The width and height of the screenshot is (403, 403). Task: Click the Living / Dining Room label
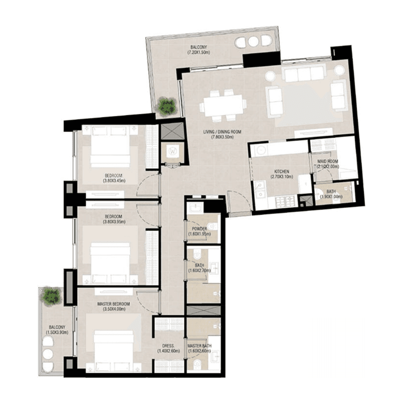pos(222,131)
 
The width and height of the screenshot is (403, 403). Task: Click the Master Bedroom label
pos(114,304)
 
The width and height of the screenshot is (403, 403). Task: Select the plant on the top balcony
pos(166,106)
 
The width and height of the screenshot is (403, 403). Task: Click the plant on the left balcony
pos(51,295)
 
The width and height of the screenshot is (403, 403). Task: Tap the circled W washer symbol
pos(173,151)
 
